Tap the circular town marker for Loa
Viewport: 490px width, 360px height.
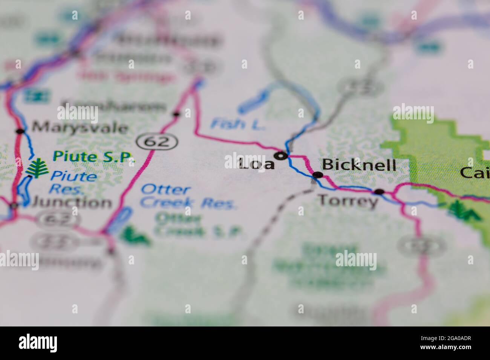(281, 155)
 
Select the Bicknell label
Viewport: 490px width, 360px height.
(358, 165)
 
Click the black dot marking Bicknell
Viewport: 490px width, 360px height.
(318, 175)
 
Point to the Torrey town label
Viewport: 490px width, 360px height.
(348, 201)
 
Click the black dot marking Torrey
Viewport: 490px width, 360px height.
(379, 192)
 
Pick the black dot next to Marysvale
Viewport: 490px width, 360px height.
(20, 131)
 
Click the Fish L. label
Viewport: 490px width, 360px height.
(238, 124)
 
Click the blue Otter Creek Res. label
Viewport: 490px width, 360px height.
(188, 197)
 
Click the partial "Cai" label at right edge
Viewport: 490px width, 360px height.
(475, 172)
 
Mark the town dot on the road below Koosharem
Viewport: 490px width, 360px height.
(176, 113)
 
